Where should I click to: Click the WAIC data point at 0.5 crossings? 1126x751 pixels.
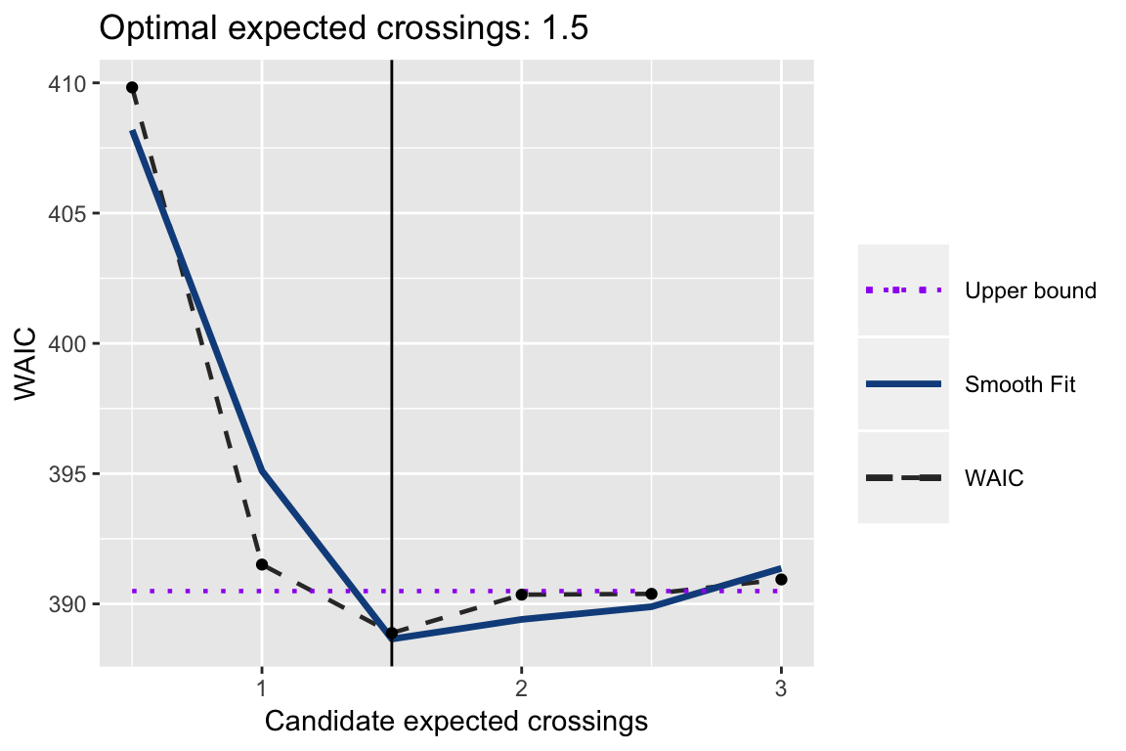[132, 87]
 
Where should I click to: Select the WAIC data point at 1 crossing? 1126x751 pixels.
[261, 564]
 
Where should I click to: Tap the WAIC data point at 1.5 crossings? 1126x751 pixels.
[392, 633]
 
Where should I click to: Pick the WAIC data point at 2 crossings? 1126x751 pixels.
[522, 594]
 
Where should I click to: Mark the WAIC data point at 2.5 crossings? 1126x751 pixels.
[651, 594]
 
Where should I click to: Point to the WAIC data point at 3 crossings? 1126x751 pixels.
[781, 579]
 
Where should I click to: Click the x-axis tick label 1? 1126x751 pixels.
[261, 686]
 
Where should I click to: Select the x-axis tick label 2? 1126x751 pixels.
[522, 686]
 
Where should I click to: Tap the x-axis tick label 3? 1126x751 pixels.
[781, 686]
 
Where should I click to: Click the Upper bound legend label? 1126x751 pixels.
[1029, 290]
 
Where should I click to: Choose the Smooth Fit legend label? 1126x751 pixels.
[1019, 384]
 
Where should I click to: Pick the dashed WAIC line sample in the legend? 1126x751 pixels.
[903, 478]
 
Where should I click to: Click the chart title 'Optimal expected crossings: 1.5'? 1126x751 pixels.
[344, 28]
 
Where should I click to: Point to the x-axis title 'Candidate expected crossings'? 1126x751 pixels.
[456, 722]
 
